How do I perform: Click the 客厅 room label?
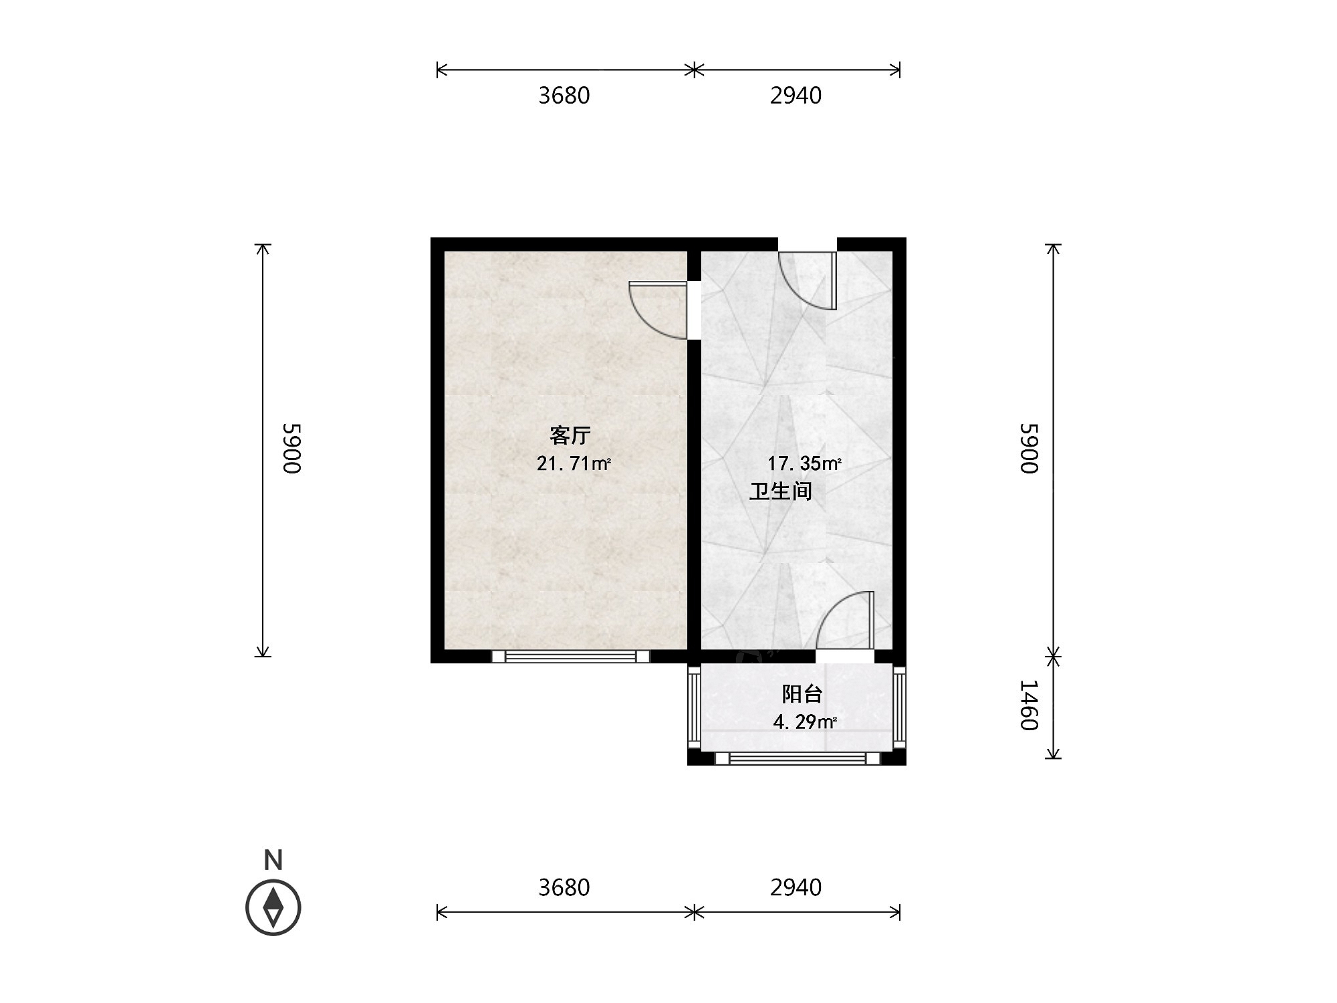coord(570,436)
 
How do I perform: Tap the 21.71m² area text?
coord(574,463)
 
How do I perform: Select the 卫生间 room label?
coord(780,491)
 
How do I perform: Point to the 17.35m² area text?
coord(804,463)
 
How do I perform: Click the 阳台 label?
coord(802,694)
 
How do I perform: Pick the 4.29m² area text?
coord(805,722)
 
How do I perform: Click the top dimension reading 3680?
coord(564,96)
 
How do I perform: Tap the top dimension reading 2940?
coord(796,96)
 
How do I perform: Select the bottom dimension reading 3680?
coord(564,887)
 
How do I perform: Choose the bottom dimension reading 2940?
coord(796,887)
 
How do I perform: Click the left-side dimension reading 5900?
coord(292,448)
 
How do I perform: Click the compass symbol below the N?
coord(273,907)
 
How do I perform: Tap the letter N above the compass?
coord(273,860)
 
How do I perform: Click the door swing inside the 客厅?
coord(658,310)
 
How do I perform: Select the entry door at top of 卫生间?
coord(808,281)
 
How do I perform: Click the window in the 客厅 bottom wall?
coord(571,657)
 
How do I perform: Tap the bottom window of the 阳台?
coord(798,758)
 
